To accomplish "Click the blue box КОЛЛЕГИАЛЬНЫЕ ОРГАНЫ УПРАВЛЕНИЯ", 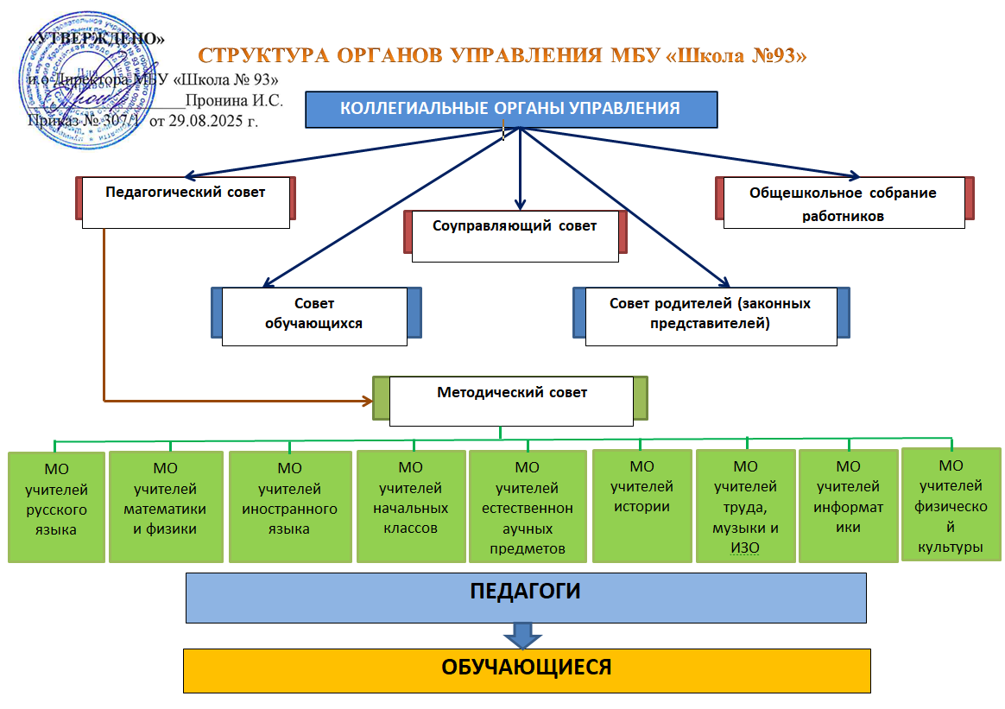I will (511, 109).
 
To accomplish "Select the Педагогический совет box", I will (186, 202).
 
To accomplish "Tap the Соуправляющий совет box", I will (515, 235).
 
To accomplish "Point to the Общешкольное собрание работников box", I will (844, 204).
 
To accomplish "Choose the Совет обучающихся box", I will (314, 315).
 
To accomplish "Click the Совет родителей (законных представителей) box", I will (710, 315).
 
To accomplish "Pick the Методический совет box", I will (512, 400).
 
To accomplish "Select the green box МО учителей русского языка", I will (56, 507).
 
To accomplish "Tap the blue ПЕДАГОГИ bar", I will (525, 597).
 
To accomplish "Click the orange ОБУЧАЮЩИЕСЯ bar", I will (527, 670).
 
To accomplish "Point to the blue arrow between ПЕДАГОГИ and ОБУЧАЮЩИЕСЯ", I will (523, 636).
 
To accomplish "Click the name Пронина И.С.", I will (233, 99).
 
